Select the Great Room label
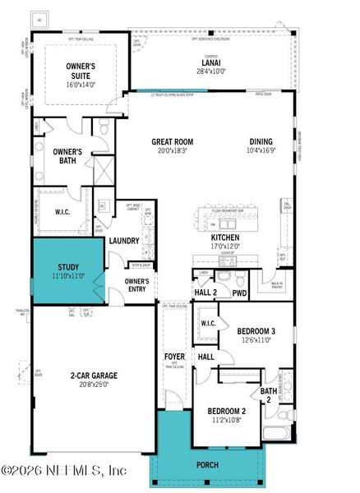coord(172,141)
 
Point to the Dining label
coord(260,141)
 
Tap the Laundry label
coord(123,241)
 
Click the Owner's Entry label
coord(136,284)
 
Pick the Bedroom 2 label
coord(226,411)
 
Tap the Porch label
coord(207,464)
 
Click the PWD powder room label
coord(240,293)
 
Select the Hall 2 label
coord(205,293)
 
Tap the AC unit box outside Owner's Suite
coord(39,19)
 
